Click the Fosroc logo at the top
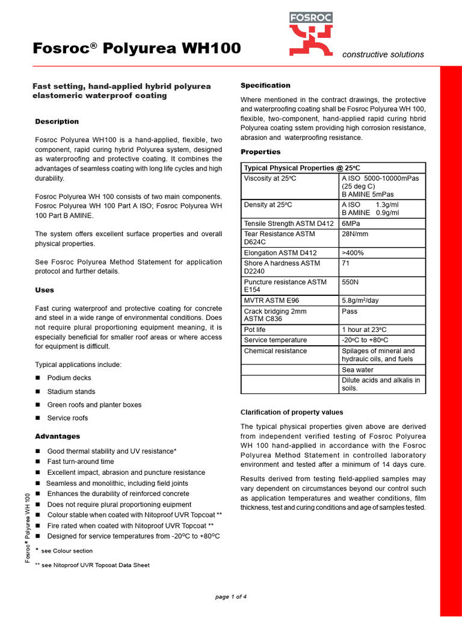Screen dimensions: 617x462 coord(311,34)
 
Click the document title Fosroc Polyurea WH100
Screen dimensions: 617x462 coord(137,49)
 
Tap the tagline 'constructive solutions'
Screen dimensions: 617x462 coord(383,54)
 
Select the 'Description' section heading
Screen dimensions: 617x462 coord(57,122)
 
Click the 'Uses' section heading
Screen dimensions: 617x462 coord(45,290)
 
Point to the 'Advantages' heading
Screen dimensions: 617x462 coord(57,436)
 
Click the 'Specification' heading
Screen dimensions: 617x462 coord(265,86)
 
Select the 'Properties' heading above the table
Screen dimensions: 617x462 coord(260,152)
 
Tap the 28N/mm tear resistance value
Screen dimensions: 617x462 coord(356,234)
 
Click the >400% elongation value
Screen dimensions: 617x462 coord(353,253)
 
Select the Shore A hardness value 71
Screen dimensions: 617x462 coord(346,263)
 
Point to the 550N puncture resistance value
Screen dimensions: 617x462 coord(351,282)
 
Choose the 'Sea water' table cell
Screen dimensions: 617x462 coord(357,370)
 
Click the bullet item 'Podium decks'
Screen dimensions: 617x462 coord(69,378)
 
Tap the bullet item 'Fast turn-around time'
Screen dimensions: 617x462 coord(80,462)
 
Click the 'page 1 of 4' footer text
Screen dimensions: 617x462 coord(231,597)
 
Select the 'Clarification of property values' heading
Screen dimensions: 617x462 coord(292,412)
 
